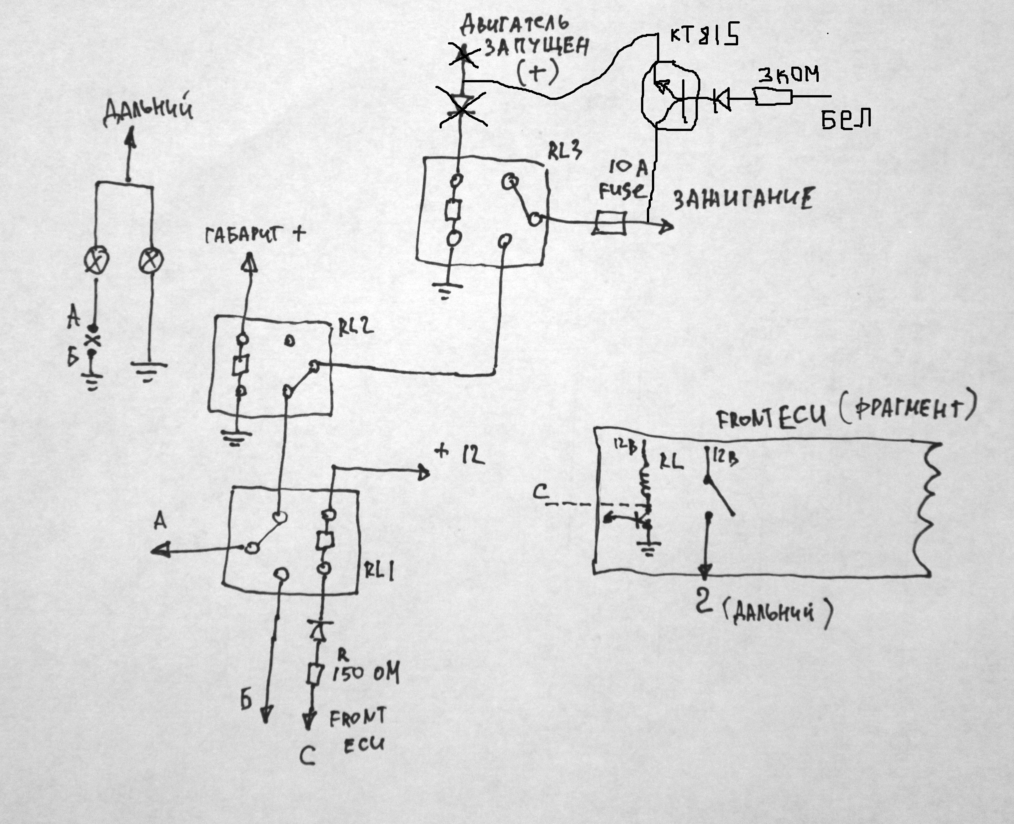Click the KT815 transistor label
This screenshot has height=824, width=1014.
704,36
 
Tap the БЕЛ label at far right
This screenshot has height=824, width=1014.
846,119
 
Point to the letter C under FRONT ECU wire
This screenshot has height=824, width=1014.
308,756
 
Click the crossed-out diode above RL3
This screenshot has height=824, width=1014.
462,107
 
